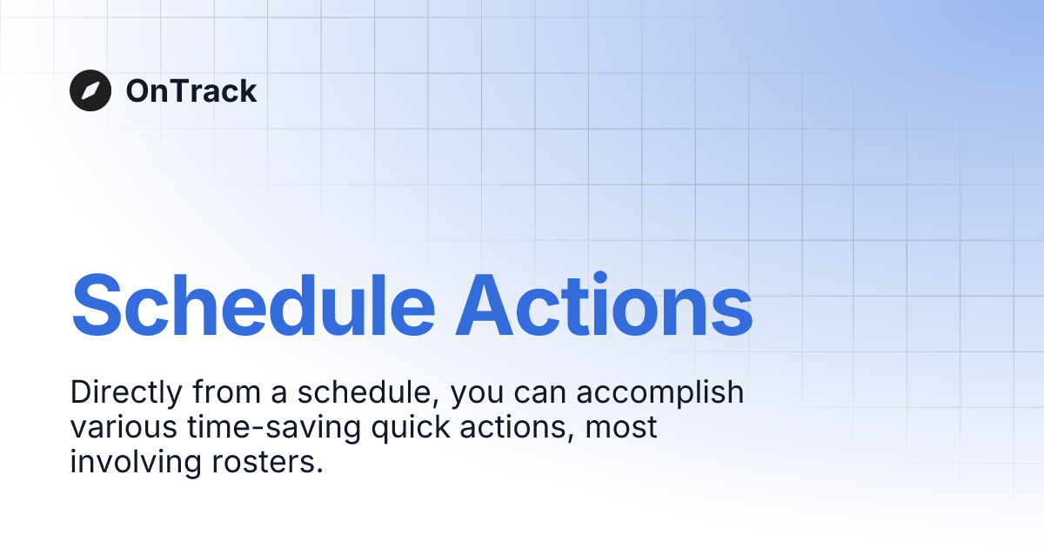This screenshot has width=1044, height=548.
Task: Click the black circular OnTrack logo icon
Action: point(90,90)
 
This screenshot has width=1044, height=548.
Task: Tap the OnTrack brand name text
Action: point(191,90)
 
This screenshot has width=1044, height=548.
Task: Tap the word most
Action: point(621,428)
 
